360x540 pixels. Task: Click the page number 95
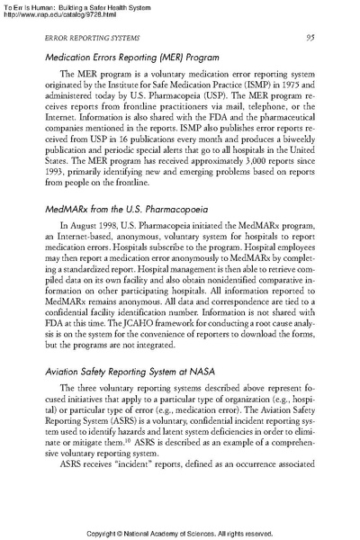click(309, 37)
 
